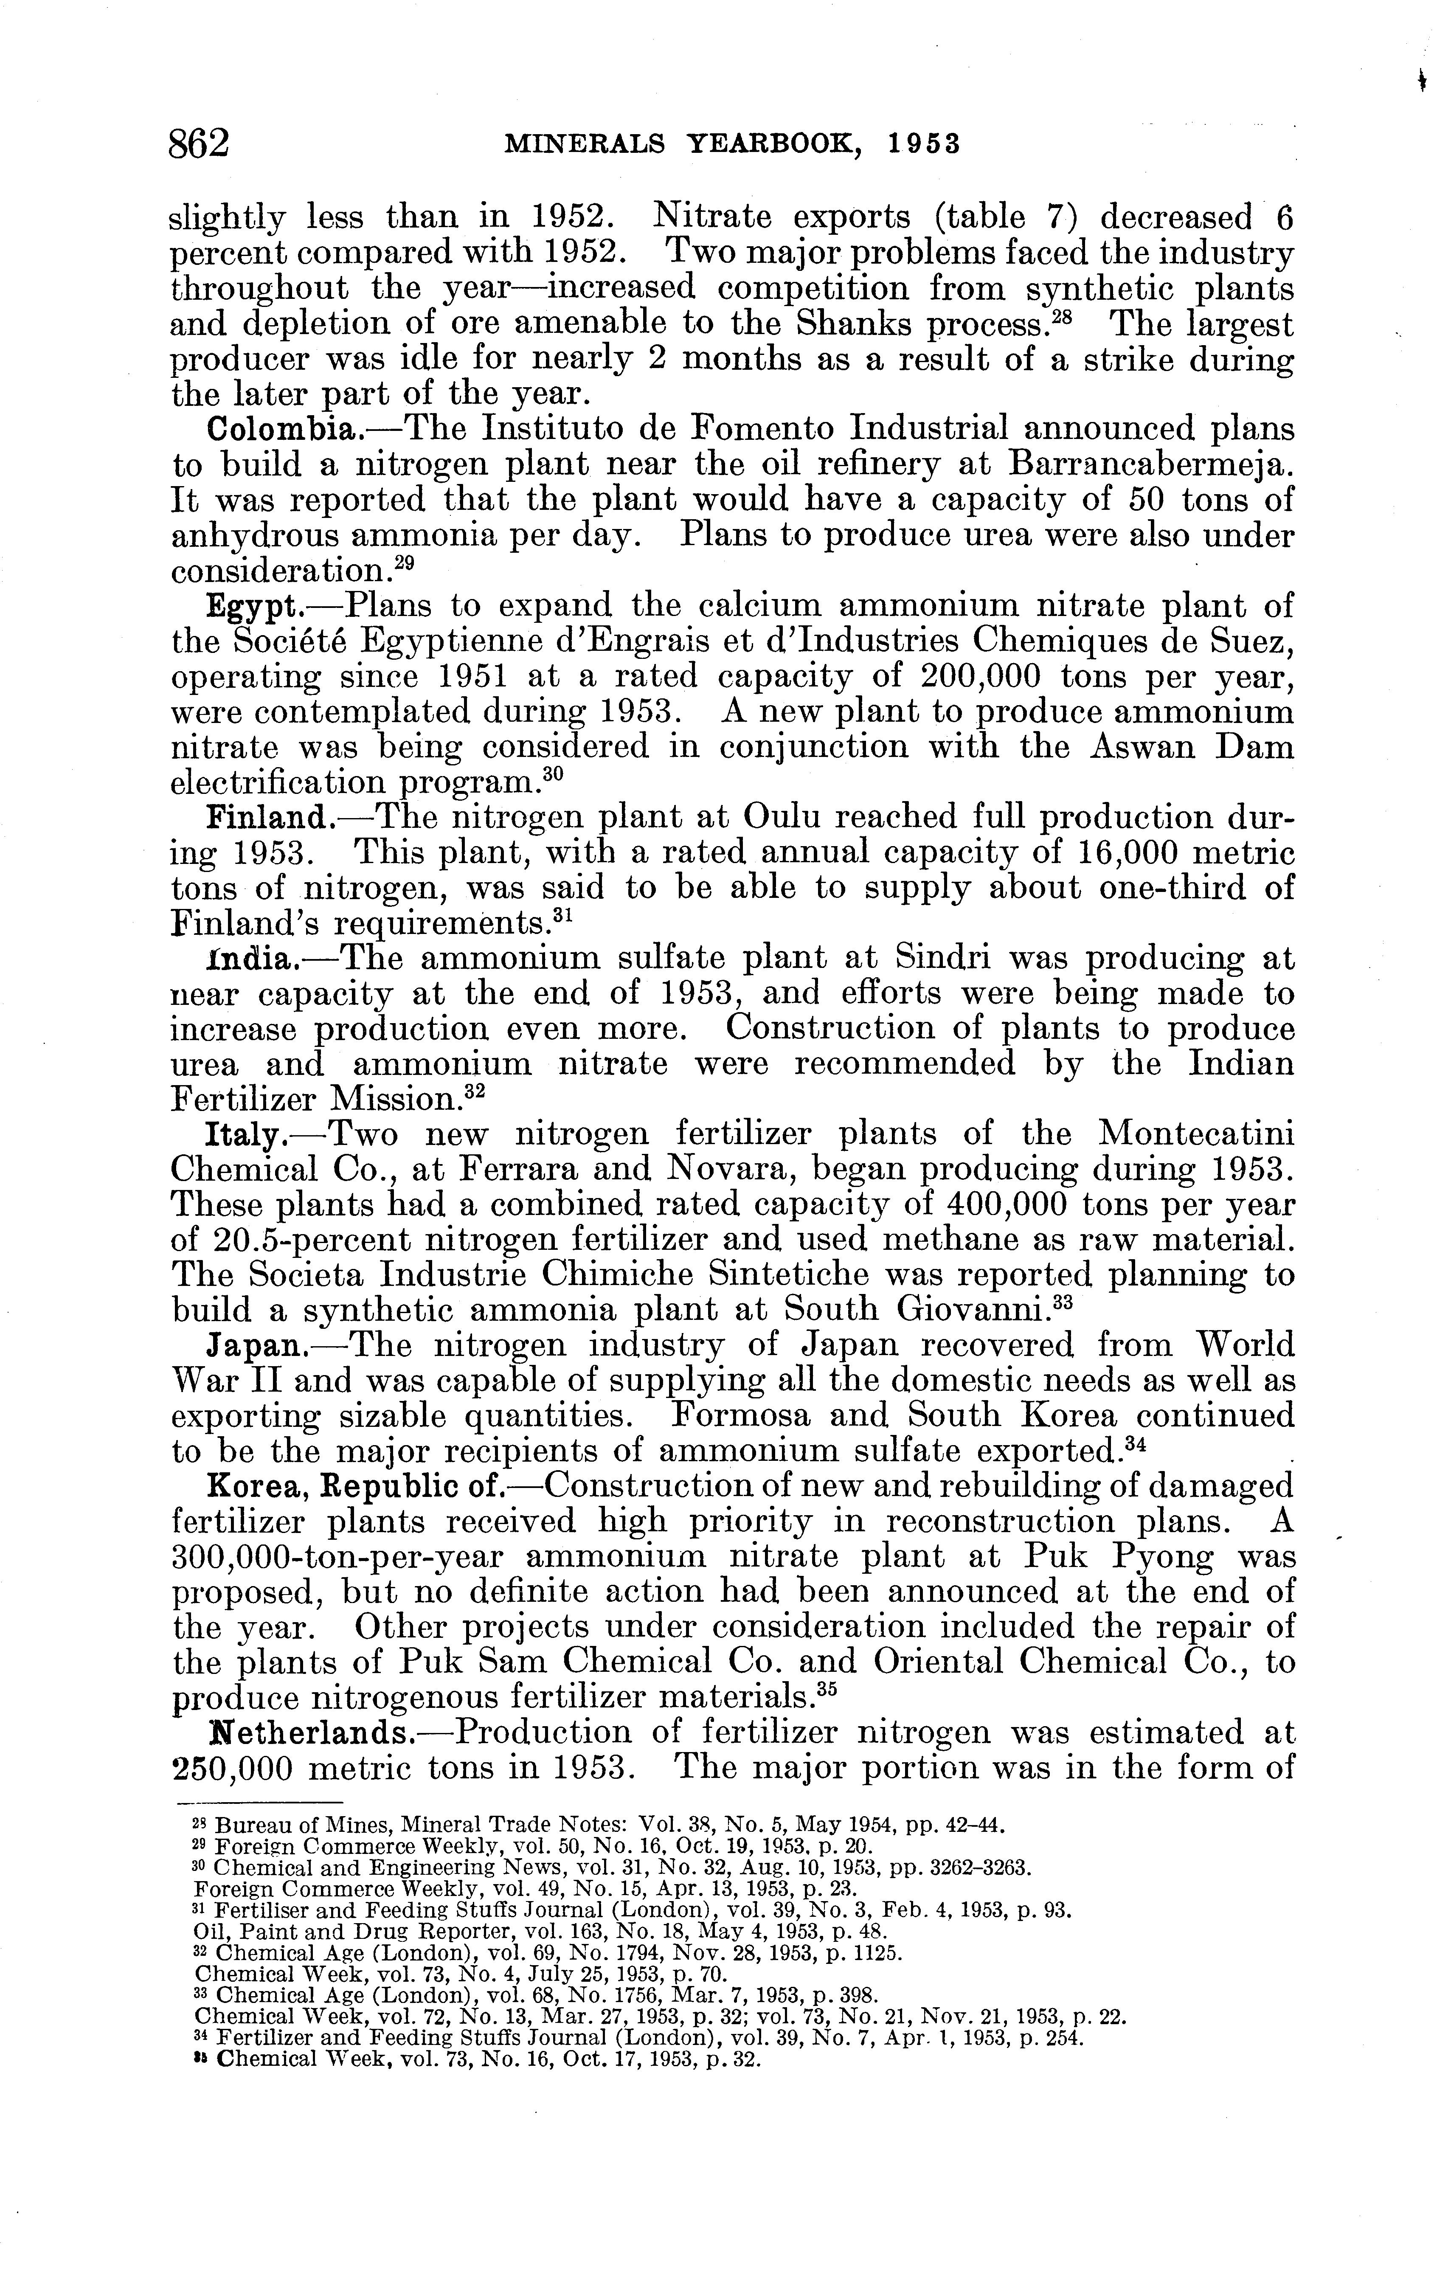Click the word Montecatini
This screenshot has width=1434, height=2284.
pos(1195,1134)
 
